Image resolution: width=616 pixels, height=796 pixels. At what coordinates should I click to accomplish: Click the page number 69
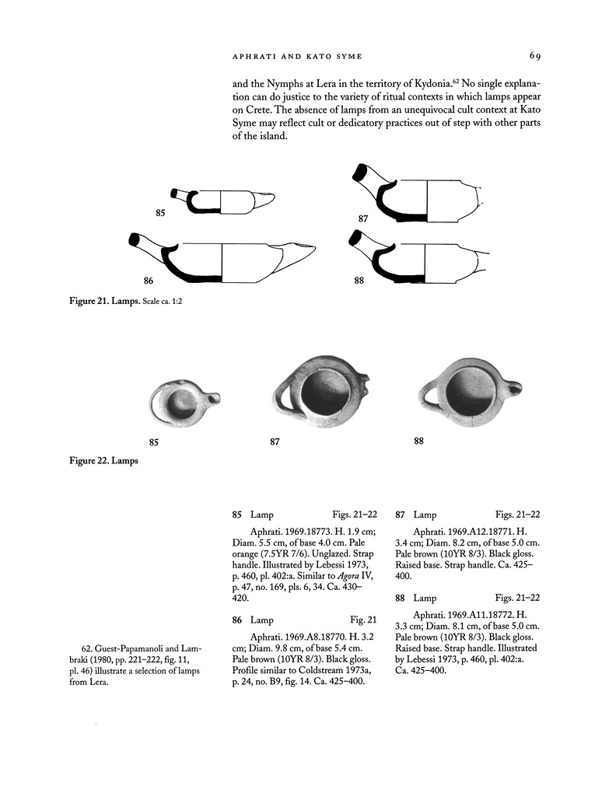click(x=534, y=55)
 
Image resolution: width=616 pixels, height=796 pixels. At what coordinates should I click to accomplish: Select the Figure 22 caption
click(x=103, y=461)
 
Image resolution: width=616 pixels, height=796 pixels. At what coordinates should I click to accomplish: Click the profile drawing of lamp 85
click(x=222, y=201)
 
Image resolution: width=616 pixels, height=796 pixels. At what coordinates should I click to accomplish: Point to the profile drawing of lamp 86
click(x=222, y=258)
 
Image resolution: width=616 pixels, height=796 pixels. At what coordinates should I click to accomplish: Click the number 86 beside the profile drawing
click(x=149, y=281)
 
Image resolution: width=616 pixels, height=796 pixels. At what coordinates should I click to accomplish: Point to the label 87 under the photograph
click(x=275, y=442)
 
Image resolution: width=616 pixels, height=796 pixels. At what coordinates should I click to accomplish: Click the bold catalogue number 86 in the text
click(x=237, y=620)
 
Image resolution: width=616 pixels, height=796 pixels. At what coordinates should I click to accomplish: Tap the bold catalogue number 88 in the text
click(x=401, y=598)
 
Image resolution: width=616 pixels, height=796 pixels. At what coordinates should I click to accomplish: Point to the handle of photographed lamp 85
click(x=214, y=399)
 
